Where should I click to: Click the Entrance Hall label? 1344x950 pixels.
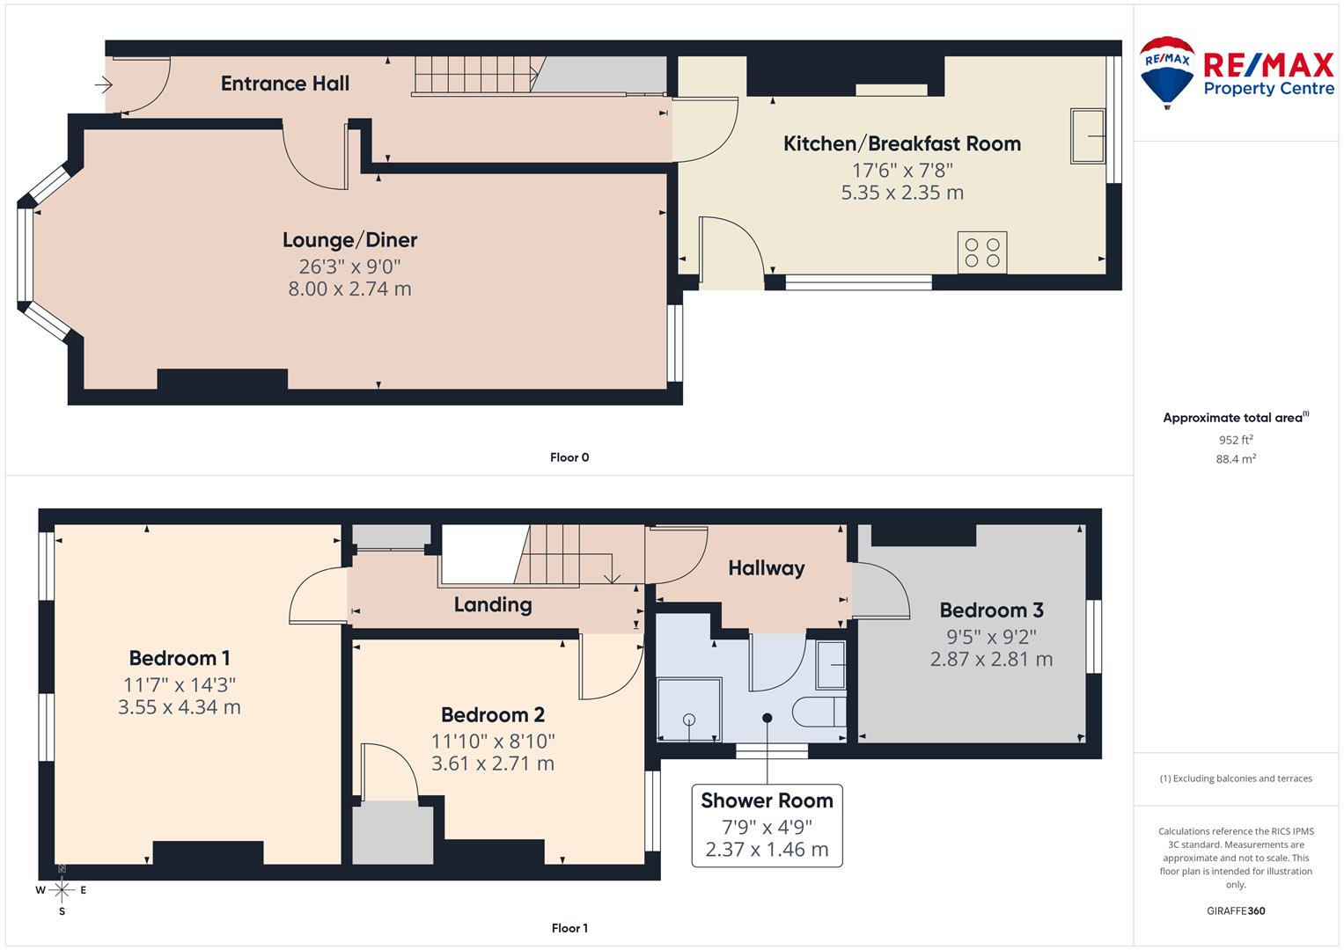[285, 84]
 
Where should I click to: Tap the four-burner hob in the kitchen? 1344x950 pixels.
[982, 252]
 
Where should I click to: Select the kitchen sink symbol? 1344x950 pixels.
[1088, 136]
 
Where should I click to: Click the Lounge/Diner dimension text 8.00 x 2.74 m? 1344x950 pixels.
[349, 289]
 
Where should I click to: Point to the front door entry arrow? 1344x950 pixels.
[104, 85]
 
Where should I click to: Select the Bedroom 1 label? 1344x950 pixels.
[180, 658]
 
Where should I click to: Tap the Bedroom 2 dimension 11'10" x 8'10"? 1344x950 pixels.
[493, 742]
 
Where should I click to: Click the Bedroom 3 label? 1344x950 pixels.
[991, 610]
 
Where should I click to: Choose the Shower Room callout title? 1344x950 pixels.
[767, 800]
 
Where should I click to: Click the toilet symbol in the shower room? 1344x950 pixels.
[819, 712]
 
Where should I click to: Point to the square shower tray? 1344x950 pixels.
[689, 710]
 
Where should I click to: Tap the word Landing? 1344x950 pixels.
[493, 604]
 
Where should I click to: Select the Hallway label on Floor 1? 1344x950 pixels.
[766, 568]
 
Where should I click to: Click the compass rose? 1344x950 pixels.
[62, 890]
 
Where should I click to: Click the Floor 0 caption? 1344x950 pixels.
[569, 457]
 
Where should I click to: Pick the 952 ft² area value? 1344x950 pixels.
[1236, 440]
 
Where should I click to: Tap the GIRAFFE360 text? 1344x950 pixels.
[1236, 910]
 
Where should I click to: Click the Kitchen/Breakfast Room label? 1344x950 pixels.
[902, 143]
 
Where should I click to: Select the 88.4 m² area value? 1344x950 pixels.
[1236, 458]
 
